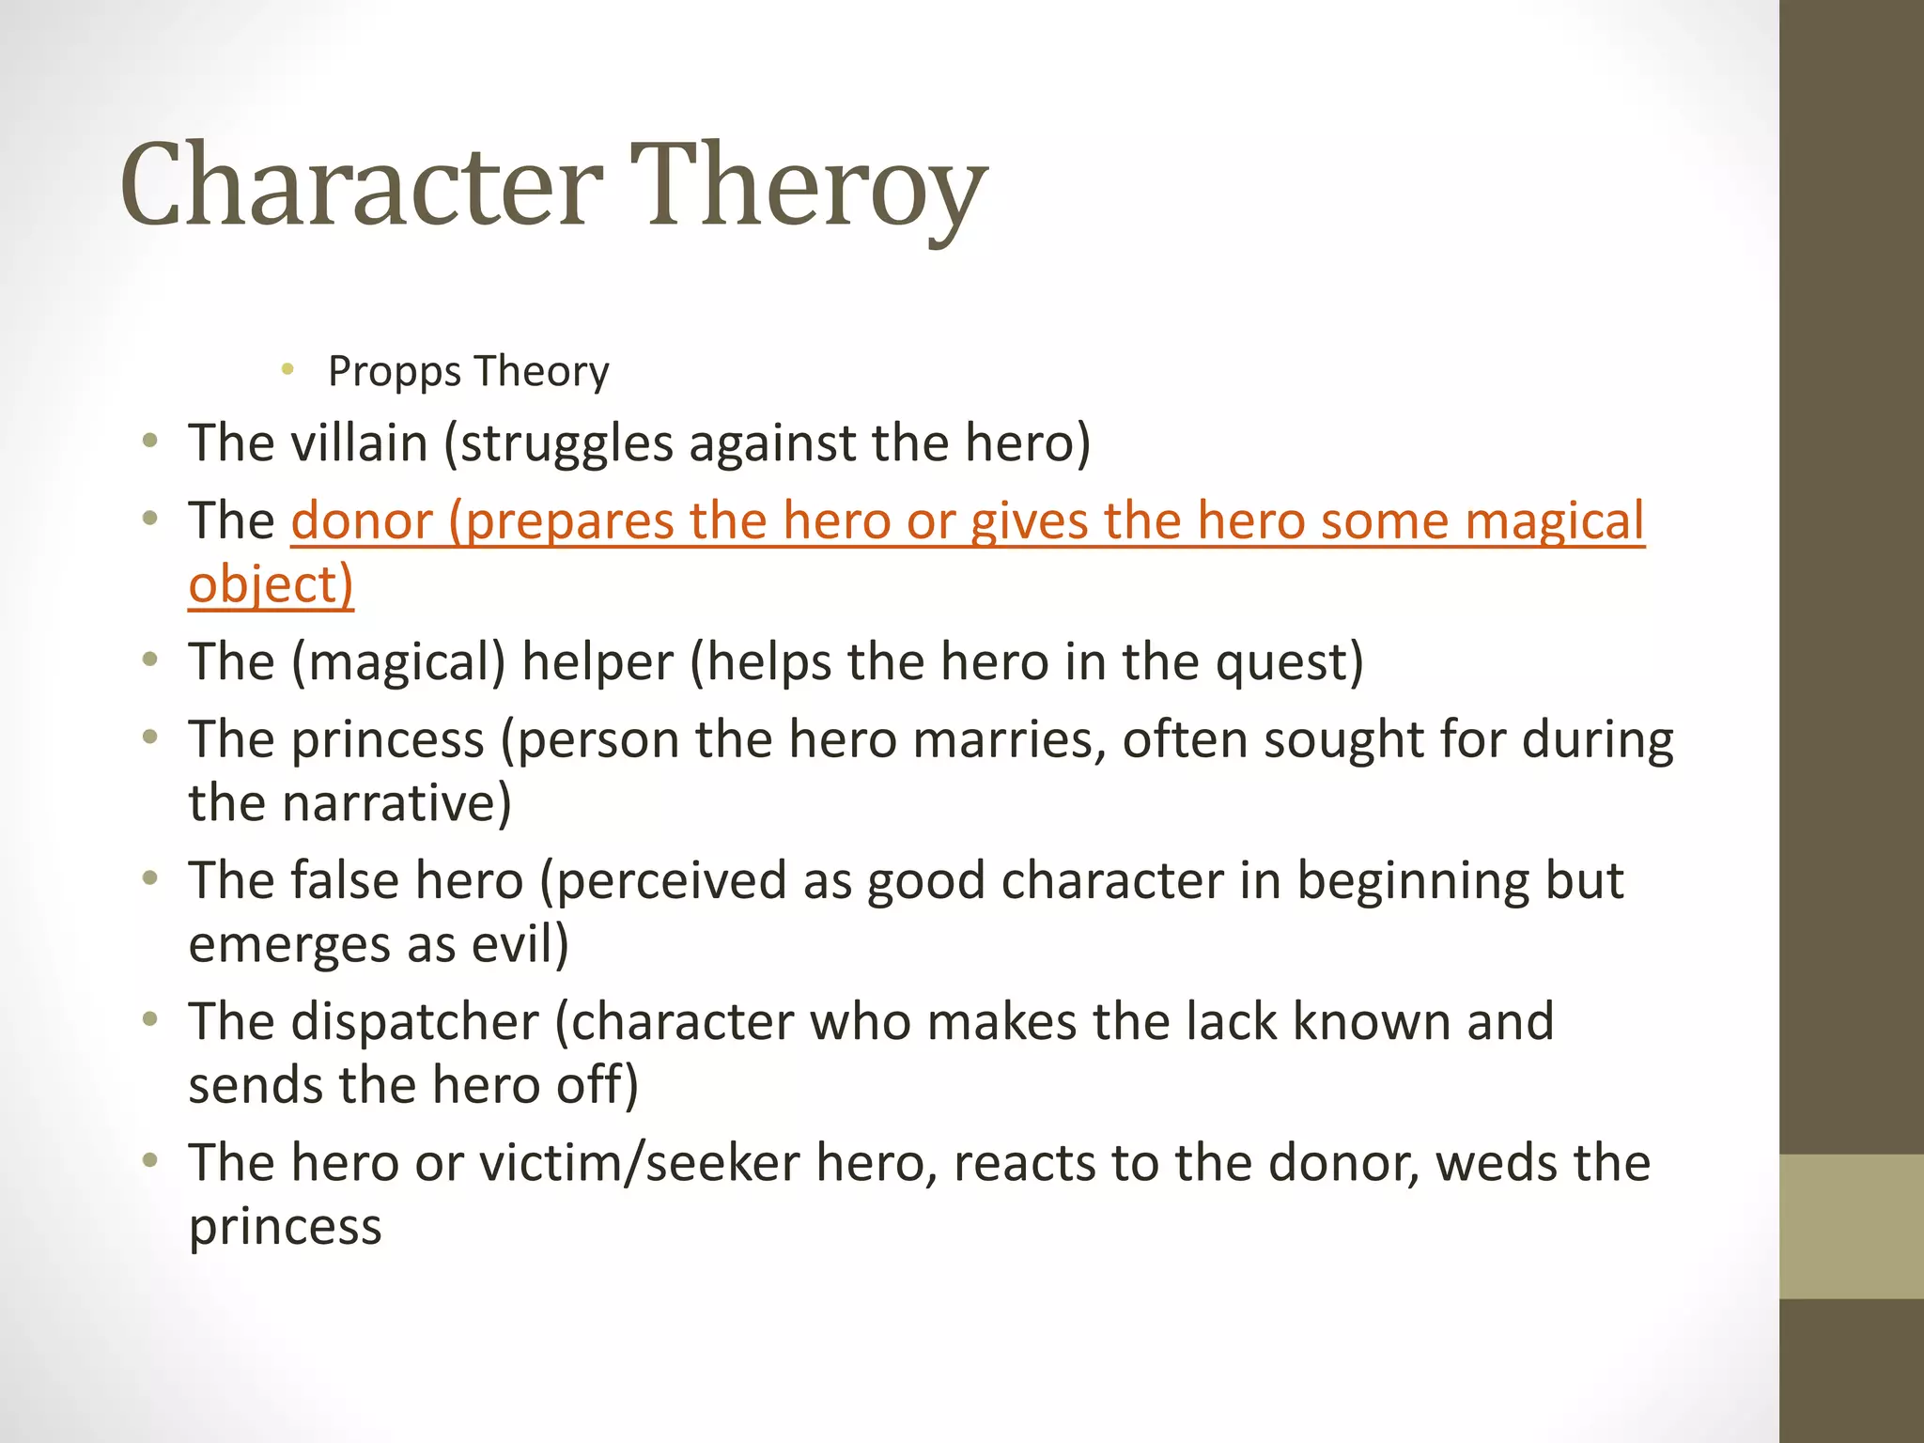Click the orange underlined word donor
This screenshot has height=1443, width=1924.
362,520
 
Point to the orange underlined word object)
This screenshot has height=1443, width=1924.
271,584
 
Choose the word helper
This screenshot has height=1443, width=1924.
597,661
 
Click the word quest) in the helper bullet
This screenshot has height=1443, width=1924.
1289,661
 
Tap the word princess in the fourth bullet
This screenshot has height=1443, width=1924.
388,739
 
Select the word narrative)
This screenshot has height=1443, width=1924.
396,803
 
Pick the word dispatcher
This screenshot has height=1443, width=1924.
415,1021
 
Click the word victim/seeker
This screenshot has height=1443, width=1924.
640,1163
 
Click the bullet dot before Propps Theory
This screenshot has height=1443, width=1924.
288,368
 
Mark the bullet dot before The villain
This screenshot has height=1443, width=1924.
149,441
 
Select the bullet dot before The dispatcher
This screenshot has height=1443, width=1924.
149,1019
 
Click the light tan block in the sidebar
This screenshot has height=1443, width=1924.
1851,1226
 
